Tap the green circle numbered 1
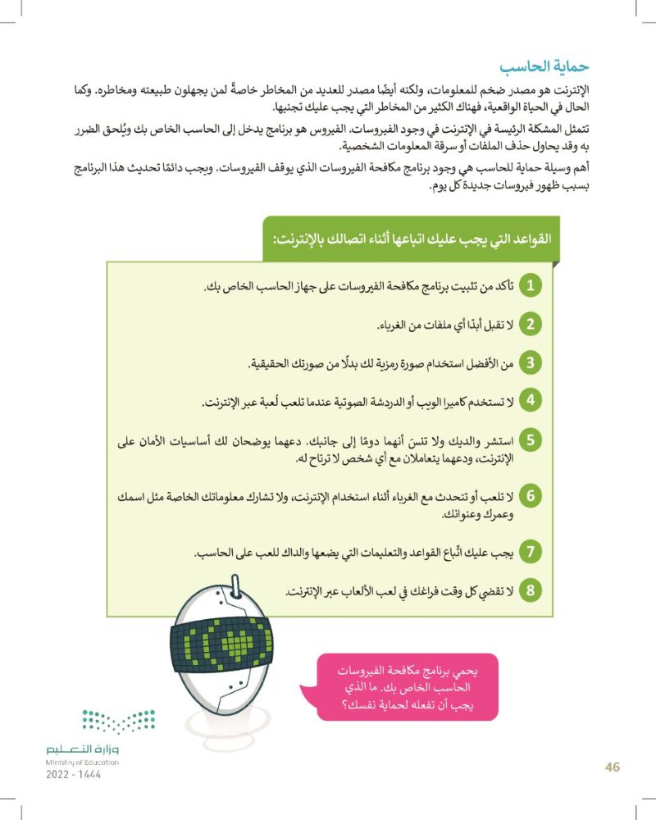click(x=531, y=286)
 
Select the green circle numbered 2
click(x=531, y=325)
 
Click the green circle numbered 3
click(x=531, y=362)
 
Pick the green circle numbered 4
click(x=531, y=401)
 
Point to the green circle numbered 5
click(x=531, y=441)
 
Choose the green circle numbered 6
click(x=531, y=497)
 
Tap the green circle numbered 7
click(x=531, y=553)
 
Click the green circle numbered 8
click(x=531, y=590)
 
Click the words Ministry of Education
click(x=82, y=763)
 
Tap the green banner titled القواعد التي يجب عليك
click(x=410, y=239)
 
